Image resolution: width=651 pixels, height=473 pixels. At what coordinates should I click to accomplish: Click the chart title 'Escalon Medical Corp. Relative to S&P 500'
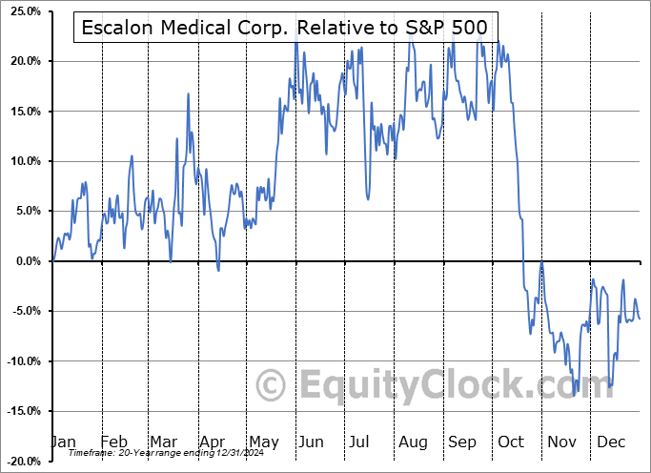pos(284,28)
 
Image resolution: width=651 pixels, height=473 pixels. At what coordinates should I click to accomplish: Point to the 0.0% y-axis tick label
pos(25,261)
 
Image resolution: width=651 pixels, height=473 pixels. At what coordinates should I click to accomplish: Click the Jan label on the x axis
pos(63,442)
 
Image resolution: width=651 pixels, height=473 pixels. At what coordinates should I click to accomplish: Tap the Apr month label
pos(214,442)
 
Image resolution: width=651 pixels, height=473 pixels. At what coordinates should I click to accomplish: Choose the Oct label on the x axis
pos(512,442)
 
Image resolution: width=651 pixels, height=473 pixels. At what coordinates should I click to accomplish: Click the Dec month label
pos(611,442)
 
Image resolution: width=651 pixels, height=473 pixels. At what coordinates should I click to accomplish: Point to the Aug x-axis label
pos(414,442)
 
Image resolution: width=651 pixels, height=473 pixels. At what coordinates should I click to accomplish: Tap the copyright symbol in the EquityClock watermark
pos(273,386)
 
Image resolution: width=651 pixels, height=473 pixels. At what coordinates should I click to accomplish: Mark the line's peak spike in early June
pos(295,42)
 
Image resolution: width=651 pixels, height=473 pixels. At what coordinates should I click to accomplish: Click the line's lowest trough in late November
pos(576,391)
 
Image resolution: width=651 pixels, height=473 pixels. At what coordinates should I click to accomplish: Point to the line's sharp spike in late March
pos(188,93)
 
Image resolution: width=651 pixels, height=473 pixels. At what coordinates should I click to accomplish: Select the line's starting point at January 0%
pos(54,260)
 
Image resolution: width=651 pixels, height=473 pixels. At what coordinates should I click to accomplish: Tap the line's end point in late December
pos(640,319)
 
